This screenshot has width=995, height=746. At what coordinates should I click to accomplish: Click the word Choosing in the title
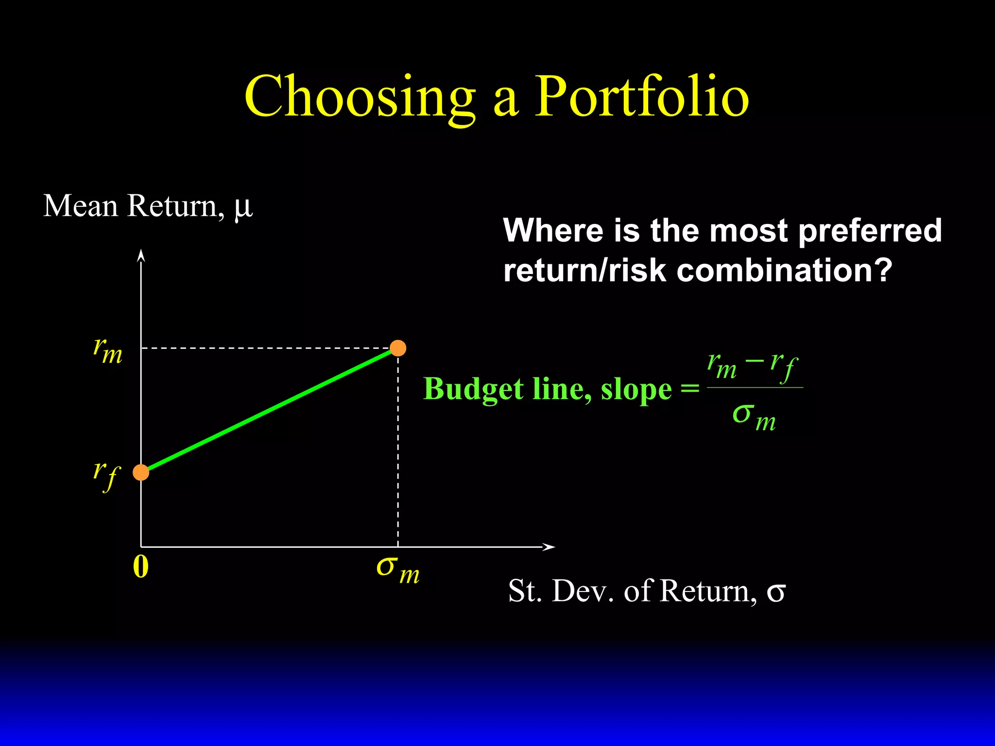pos(360,97)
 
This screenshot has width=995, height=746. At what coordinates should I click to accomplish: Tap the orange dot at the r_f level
pos(141,472)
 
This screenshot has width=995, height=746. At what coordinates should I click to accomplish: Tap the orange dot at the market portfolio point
pos(398,348)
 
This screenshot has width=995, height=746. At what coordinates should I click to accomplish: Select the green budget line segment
pos(270,410)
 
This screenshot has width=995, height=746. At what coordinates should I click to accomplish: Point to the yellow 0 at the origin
pos(141,566)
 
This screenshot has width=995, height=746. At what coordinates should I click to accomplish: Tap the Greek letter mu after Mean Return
pos(243,208)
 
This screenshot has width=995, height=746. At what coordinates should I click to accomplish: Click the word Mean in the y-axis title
pos(81,206)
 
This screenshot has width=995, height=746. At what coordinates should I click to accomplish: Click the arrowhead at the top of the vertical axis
pos(141,255)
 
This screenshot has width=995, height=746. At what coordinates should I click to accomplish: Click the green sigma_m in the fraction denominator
pos(754,417)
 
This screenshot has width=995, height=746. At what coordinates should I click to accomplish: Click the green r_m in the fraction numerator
pos(721,365)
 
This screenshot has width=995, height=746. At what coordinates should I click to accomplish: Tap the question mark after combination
pos(883,270)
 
